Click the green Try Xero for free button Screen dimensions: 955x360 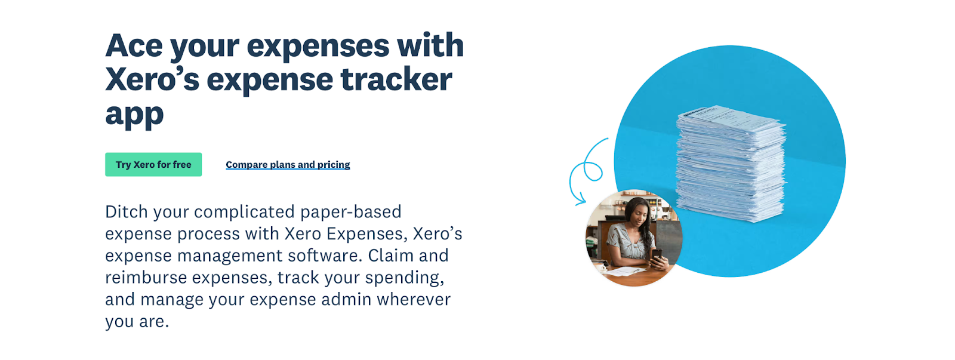tap(153, 165)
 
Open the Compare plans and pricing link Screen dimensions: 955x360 tap(288, 165)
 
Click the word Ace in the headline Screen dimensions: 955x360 tap(134, 45)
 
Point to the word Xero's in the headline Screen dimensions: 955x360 tap(152, 79)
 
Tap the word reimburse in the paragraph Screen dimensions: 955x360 tap(146, 278)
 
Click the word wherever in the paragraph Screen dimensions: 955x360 tap(414, 300)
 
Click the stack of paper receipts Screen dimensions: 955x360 tap(731, 164)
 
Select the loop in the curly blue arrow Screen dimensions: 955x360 tap(593, 171)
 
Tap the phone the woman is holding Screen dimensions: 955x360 tap(657, 255)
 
